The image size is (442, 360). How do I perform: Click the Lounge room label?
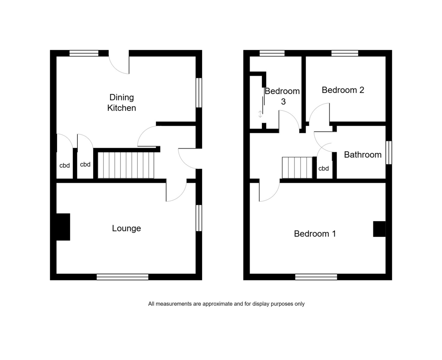pyautogui.click(x=126, y=228)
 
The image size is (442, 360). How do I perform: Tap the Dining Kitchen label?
pyautogui.click(x=122, y=102)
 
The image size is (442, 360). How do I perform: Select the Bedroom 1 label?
pyautogui.click(x=315, y=234)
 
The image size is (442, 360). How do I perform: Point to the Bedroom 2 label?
pyautogui.click(x=343, y=90)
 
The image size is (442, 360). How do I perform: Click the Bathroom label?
pyautogui.click(x=363, y=155)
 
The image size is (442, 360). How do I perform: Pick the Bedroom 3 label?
pyautogui.click(x=282, y=96)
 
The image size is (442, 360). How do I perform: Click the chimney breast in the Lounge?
pyautogui.click(x=63, y=227)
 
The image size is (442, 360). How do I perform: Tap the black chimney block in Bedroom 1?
pyautogui.click(x=379, y=229)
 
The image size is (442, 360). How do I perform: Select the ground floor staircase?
pyautogui.click(x=126, y=165)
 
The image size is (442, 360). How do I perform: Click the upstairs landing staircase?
pyautogui.click(x=297, y=168)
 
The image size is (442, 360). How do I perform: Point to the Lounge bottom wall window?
pyautogui.click(x=122, y=277)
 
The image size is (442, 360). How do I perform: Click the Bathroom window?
pyautogui.click(x=389, y=153)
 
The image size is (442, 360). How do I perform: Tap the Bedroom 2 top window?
pyautogui.click(x=345, y=53)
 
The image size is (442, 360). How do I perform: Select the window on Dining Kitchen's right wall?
pyautogui.click(x=199, y=92)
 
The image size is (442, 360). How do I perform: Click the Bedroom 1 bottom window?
pyautogui.click(x=316, y=277)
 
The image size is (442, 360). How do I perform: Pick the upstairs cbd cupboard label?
pyautogui.click(x=323, y=168)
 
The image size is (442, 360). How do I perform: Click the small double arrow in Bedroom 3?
pyautogui.click(x=260, y=114)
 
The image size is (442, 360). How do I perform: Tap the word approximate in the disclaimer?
pyautogui.click(x=217, y=304)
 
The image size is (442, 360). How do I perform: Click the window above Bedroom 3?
pyautogui.click(x=272, y=53)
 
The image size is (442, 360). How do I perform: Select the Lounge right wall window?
pyautogui.click(x=199, y=218)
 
